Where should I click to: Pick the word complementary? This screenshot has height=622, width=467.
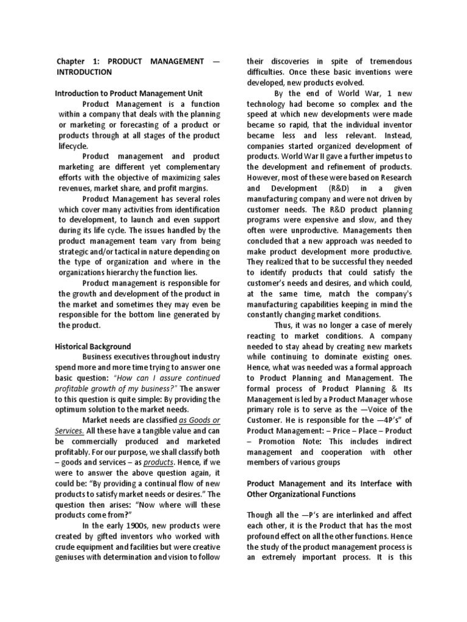pos(191,167)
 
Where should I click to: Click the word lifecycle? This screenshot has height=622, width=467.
pos(73,146)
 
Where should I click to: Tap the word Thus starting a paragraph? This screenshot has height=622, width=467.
pos(283,325)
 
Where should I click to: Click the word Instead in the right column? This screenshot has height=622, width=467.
pos(397,135)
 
